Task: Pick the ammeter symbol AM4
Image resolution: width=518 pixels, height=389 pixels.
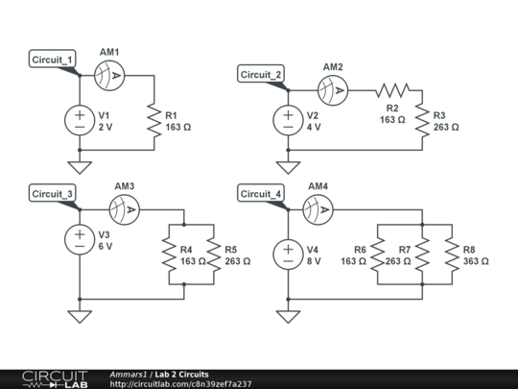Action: coord(318,207)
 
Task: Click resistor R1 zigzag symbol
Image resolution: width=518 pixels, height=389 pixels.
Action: coord(154,120)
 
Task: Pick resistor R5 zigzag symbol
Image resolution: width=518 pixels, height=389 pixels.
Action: coord(213,255)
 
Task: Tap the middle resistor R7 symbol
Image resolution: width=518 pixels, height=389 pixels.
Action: coord(422,255)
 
